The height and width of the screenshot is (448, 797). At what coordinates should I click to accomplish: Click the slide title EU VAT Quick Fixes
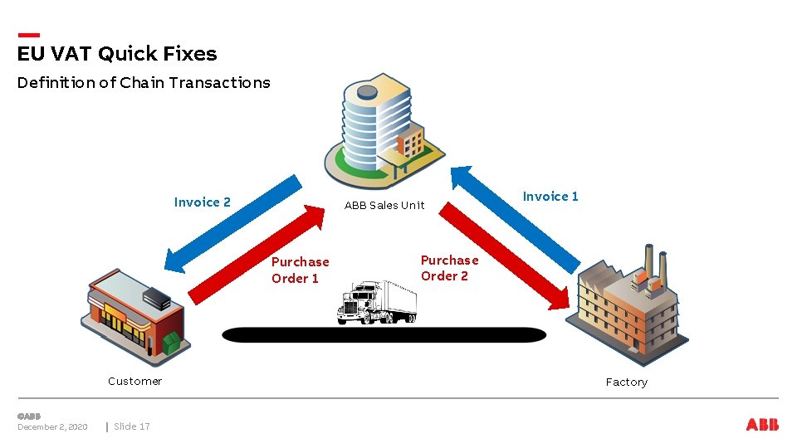(117, 54)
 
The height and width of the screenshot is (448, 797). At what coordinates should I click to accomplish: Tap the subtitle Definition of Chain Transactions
(144, 82)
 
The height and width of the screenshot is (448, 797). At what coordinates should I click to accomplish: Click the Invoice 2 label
(203, 202)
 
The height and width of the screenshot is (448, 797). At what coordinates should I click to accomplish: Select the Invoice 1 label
(550, 196)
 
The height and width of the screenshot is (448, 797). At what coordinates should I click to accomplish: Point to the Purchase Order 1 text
(300, 270)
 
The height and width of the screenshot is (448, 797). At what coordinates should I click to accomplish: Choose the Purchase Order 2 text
(449, 268)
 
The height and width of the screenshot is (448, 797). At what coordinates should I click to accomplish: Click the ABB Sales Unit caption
(384, 205)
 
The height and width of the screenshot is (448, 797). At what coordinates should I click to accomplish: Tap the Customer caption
(134, 381)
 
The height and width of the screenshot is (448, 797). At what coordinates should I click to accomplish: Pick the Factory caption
(626, 382)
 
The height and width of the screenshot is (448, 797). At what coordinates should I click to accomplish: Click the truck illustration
(377, 302)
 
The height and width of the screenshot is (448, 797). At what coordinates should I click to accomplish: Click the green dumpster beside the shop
(170, 343)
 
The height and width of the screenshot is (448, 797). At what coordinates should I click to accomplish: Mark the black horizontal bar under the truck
(384, 334)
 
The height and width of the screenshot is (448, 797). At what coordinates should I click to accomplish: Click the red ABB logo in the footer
(762, 425)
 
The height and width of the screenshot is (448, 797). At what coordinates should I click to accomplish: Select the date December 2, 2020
(52, 426)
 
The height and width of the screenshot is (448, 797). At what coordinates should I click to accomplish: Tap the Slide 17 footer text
(132, 426)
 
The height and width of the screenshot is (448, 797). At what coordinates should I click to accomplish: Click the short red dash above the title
(28, 35)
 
